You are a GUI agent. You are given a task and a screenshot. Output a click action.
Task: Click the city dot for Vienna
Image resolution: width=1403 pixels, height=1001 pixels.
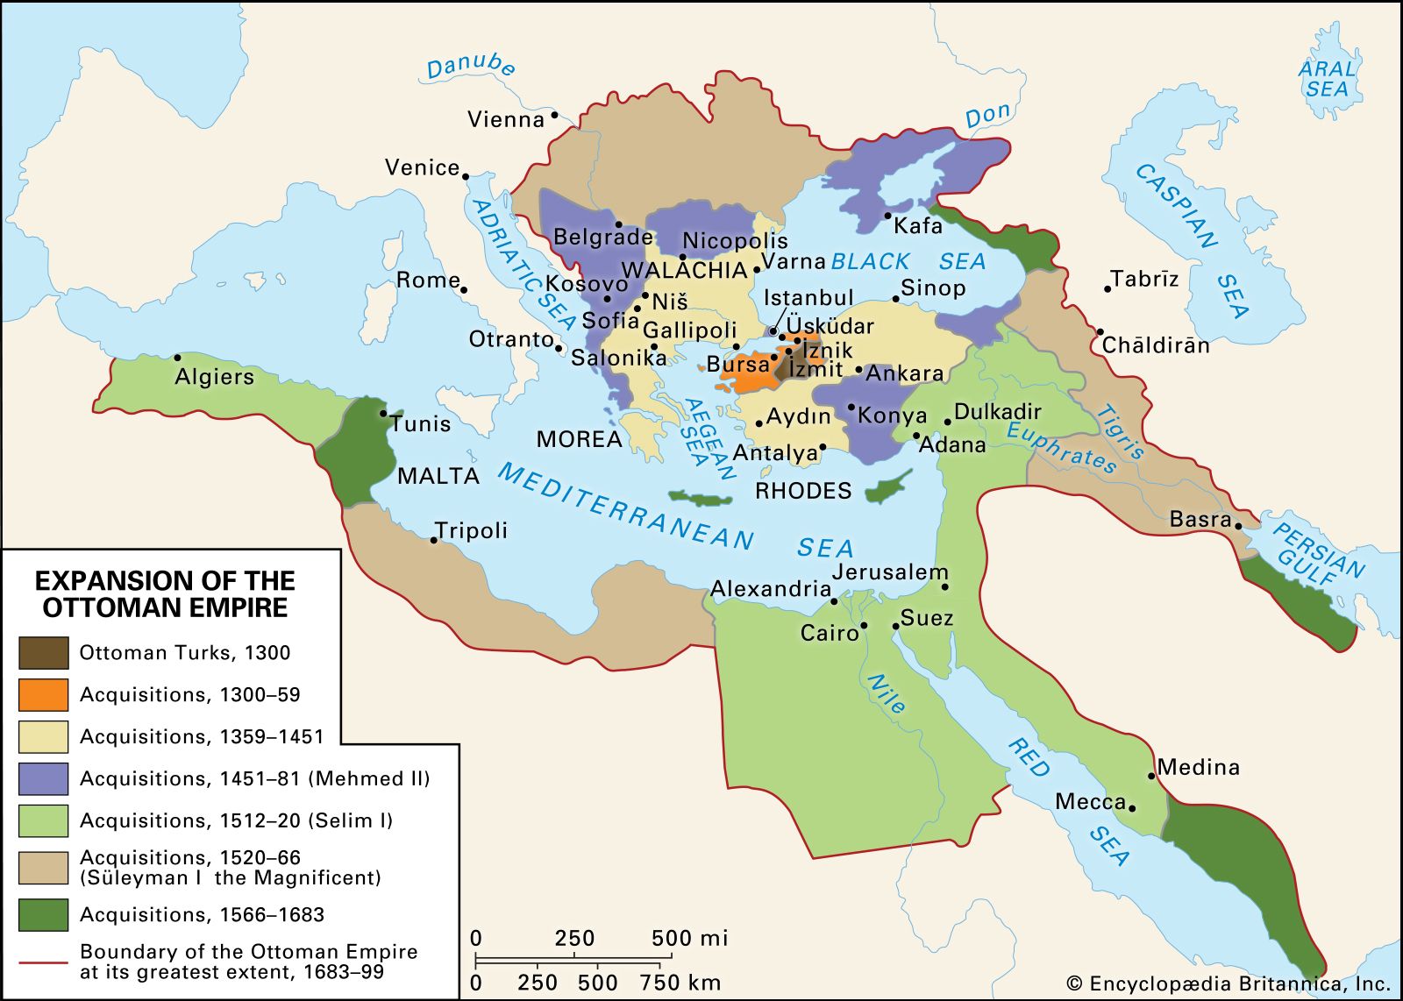(x=554, y=115)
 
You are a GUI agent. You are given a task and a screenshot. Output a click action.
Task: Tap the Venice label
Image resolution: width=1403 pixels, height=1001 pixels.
(x=422, y=167)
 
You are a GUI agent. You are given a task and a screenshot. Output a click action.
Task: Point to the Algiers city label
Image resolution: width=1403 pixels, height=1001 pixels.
(x=214, y=377)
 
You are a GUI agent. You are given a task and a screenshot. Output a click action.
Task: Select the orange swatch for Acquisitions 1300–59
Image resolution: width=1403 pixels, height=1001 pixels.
(x=43, y=695)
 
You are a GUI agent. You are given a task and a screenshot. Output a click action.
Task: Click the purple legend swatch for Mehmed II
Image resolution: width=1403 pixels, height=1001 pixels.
(x=43, y=778)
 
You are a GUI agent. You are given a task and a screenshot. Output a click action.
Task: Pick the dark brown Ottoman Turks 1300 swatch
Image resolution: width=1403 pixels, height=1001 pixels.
(x=43, y=653)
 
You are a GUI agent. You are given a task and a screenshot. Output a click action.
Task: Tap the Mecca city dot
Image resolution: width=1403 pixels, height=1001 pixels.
(x=1132, y=808)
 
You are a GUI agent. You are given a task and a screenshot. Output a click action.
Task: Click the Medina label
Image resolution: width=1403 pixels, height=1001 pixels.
(x=1199, y=767)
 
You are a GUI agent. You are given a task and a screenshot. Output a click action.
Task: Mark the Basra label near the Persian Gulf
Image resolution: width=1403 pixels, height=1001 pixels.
(x=1200, y=520)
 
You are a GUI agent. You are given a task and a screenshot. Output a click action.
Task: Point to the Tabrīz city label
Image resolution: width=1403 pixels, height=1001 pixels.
(x=1144, y=280)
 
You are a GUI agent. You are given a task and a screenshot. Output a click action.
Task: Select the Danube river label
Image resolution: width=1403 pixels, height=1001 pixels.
(x=471, y=66)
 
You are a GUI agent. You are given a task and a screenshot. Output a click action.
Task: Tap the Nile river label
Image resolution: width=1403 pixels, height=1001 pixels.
(x=886, y=693)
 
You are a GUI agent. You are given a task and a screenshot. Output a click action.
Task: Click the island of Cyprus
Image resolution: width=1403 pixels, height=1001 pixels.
(x=888, y=487)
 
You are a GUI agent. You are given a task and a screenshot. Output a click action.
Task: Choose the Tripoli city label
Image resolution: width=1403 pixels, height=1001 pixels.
(x=472, y=530)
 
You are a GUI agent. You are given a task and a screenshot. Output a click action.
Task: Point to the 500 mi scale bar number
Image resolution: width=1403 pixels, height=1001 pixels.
(x=689, y=939)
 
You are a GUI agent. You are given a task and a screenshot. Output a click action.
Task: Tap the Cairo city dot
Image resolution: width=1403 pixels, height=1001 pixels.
(x=864, y=626)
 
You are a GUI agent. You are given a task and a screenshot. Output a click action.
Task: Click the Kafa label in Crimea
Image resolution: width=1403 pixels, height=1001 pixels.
(x=918, y=226)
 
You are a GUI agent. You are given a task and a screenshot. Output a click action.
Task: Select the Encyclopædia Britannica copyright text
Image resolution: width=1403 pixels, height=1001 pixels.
(x=1229, y=984)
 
